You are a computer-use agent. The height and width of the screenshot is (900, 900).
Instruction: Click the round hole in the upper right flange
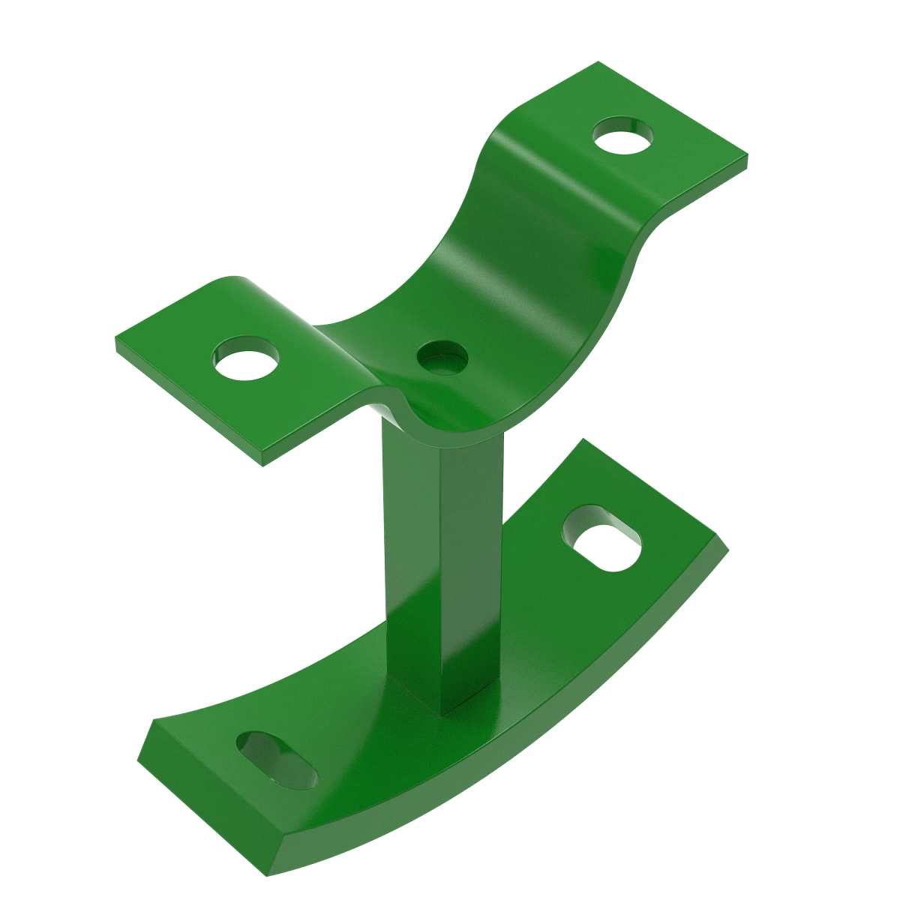622,136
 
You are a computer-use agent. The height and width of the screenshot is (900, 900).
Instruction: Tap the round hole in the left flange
246,361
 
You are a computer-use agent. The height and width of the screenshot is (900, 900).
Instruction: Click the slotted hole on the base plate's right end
602,538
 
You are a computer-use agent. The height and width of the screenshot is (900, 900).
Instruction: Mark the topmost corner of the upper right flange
598,63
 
